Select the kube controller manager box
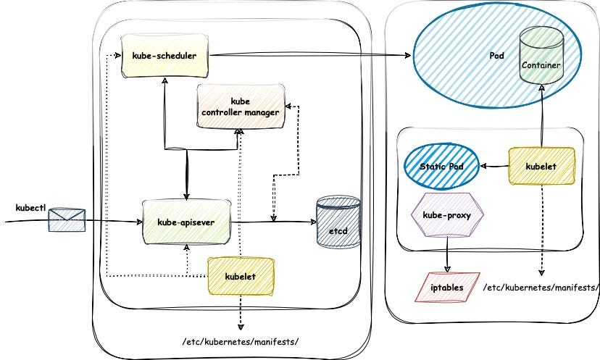(240, 106)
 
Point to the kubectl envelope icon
(67, 219)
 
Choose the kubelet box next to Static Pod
(542, 167)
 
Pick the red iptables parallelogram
(446, 288)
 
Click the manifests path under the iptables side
(541, 288)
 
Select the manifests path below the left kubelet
(242, 340)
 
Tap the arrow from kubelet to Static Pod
(494, 167)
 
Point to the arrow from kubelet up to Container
(542, 116)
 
